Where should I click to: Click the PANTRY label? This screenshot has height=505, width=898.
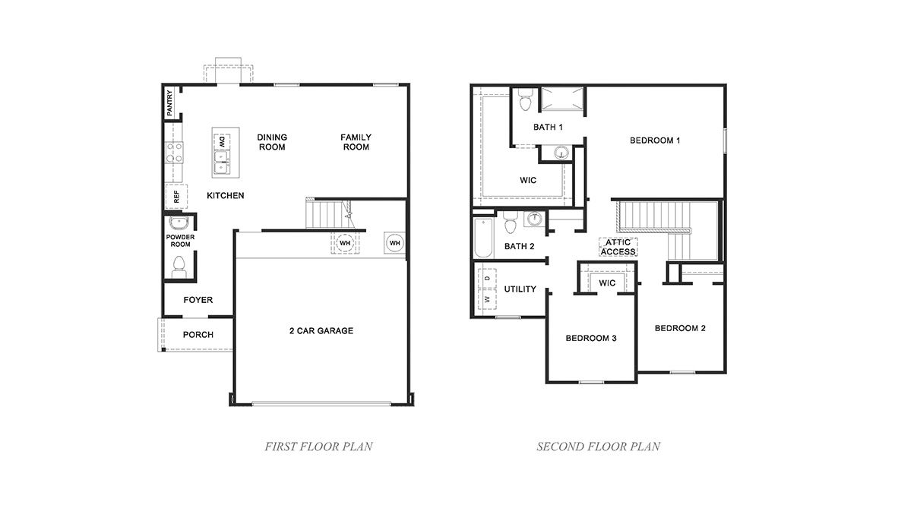[x=170, y=103]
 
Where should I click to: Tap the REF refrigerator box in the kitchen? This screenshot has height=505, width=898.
[x=176, y=196]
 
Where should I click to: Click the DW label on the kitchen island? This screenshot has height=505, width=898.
[x=223, y=140]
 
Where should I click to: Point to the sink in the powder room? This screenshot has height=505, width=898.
[x=179, y=223]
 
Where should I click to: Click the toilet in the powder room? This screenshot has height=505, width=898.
[x=179, y=265]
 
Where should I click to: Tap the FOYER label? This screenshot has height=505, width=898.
[x=198, y=300]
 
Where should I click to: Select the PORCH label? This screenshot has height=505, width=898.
[x=198, y=335]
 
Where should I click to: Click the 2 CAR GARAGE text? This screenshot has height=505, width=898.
[x=321, y=330]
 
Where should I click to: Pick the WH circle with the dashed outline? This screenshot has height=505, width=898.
[x=344, y=243]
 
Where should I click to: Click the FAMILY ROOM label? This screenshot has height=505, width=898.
[x=356, y=142]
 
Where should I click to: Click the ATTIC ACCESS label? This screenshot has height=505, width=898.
[x=618, y=247]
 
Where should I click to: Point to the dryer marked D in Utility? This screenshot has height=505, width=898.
[x=487, y=279]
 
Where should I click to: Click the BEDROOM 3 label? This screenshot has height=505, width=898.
[x=590, y=338]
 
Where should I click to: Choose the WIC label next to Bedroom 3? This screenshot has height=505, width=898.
[x=606, y=283]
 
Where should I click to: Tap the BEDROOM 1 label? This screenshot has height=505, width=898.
[x=655, y=140]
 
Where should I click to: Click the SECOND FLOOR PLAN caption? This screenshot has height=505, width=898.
[x=598, y=447]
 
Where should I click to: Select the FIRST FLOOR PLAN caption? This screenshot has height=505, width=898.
[x=318, y=447]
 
